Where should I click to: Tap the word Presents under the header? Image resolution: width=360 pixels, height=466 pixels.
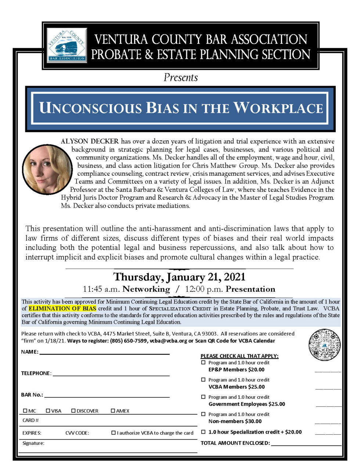pyautogui.click(x=180, y=78)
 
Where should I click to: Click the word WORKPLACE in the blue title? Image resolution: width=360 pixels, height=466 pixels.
pyautogui.click(x=278, y=108)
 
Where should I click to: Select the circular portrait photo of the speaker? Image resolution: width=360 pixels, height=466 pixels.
pyautogui.click(x=47, y=169)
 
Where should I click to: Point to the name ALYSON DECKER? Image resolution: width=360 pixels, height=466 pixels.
pyautogui.click(x=90, y=141)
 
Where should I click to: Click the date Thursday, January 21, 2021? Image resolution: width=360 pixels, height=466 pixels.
pyautogui.click(x=179, y=277)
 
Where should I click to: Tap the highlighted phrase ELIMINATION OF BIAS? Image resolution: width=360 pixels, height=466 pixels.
pyautogui.click(x=62, y=308)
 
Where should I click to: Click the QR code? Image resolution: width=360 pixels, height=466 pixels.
pyautogui.click(x=324, y=344)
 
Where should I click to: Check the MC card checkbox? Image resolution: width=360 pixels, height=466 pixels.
pyautogui.click(x=25, y=411)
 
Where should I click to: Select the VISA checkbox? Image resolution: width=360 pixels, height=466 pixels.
pyautogui.click(x=48, y=411)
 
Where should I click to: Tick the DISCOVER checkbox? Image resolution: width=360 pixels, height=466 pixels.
pyautogui.click(x=73, y=411)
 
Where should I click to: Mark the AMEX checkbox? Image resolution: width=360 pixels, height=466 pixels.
pyautogui.click(x=113, y=411)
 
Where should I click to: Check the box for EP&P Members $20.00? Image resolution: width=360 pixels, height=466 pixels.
pyautogui.click(x=203, y=362)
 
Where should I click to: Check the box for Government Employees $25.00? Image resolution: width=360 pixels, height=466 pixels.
pyautogui.click(x=203, y=397)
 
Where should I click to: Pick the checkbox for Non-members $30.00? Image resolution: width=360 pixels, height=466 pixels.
pyautogui.click(x=203, y=414)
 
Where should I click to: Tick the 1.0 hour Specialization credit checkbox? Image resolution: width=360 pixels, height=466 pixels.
pyautogui.click(x=203, y=432)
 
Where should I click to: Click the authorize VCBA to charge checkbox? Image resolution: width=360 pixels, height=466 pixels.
pyautogui.click(x=114, y=433)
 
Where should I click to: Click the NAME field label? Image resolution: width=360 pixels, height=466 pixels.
pyautogui.click(x=29, y=352)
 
